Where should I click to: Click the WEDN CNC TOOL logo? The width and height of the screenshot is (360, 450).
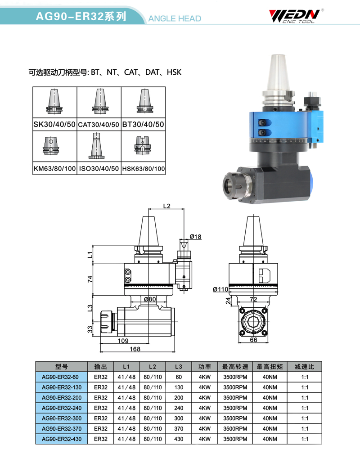click(x=296, y=16)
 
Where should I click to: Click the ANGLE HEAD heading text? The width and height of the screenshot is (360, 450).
click(x=175, y=18)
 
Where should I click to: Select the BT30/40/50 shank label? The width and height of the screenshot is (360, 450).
click(x=143, y=124)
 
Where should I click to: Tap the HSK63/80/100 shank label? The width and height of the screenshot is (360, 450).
click(x=143, y=168)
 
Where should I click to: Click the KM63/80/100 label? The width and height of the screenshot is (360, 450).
click(x=55, y=168)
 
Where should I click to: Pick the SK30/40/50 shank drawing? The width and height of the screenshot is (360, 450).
click(x=54, y=101)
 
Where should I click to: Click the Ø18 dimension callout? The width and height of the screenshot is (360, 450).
click(x=195, y=237)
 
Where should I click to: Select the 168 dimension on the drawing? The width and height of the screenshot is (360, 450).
click(x=135, y=349)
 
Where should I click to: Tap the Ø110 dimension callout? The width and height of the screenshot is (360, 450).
click(x=220, y=289)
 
